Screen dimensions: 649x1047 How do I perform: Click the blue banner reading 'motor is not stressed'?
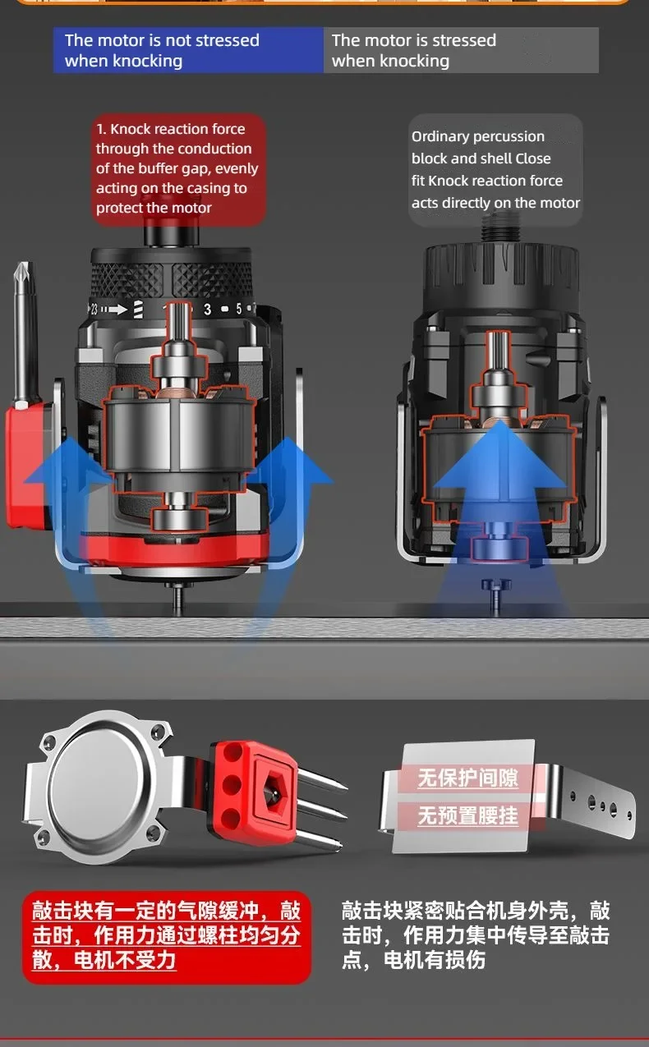188,50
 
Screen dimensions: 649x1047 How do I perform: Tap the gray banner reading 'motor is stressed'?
461,50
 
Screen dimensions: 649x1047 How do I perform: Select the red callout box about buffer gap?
178,168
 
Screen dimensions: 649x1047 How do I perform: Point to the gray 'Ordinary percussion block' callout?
495,169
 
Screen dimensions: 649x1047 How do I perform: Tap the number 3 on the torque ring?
207,309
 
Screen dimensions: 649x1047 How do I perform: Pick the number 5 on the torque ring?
239,309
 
